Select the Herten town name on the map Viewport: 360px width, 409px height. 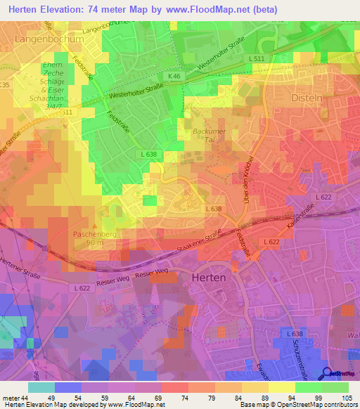(209, 278)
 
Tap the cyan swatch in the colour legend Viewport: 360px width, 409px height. (41, 387)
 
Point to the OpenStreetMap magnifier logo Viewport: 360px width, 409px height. (328, 373)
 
